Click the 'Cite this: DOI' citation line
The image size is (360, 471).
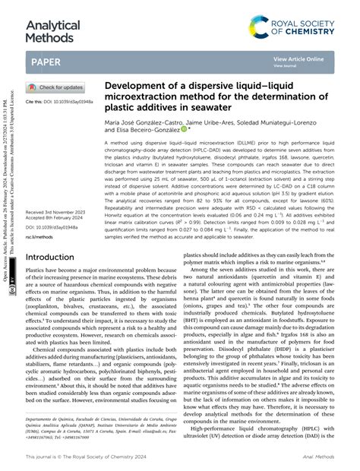pyautogui.click(x=59, y=101)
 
